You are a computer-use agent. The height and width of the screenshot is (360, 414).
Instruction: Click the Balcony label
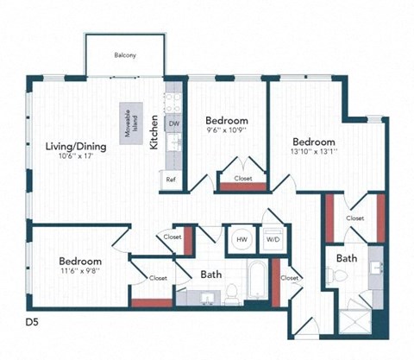(x=125, y=56)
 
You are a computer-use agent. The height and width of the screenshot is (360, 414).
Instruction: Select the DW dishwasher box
(x=173, y=124)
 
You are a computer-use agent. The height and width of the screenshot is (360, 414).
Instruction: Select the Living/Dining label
(x=76, y=147)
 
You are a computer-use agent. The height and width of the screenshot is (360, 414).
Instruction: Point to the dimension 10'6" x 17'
(x=76, y=157)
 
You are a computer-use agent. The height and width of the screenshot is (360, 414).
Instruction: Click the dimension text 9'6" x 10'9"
(x=227, y=132)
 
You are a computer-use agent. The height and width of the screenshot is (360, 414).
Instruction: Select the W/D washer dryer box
(x=272, y=239)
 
